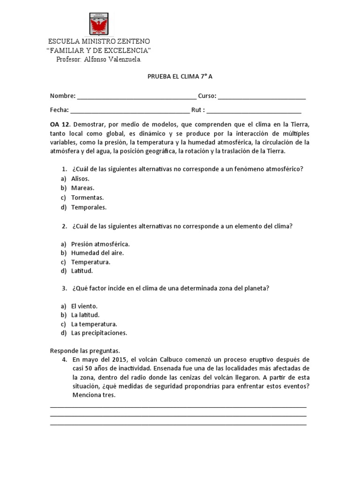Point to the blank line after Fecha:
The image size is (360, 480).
[130, 111]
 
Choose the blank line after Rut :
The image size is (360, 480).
[254, 111]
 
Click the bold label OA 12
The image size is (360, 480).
[60, 124]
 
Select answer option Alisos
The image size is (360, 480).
[80, 179]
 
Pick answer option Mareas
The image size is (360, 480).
[82, 188]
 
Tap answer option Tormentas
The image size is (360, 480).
[87, 197]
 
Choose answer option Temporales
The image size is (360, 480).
[89, 207]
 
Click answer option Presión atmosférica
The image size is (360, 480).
[100, 244]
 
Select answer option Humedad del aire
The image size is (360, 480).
[97, 253]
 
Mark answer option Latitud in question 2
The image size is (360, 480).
[82, 271]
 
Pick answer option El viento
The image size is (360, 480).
[84, 306]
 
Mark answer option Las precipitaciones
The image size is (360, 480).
[99, 333]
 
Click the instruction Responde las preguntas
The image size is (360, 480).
[85, 351]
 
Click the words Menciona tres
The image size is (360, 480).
[94, 395]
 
